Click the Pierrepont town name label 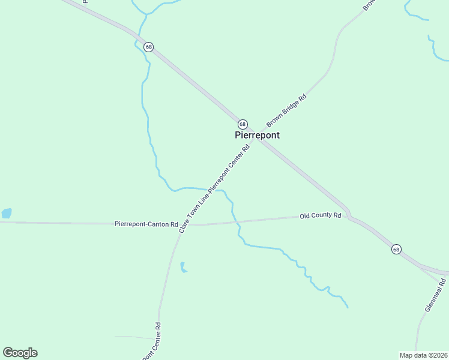click(x=257, y=136)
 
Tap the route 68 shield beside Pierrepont click(x=243, y=124)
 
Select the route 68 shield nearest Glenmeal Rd click(x=396, y=249)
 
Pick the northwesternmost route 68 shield click(x=148, y=47)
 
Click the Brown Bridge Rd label click(x=286, y=110)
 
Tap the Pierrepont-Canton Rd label click(x=146, y=224)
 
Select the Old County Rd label click(x=321, y=215)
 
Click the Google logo click(x=20, y=353)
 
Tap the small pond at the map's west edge click(x=7, y=213)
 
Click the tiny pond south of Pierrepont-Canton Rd click(x=183, y=268)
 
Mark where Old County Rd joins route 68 click(x=350, y=215)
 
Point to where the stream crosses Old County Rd click(x=238, y=221)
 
